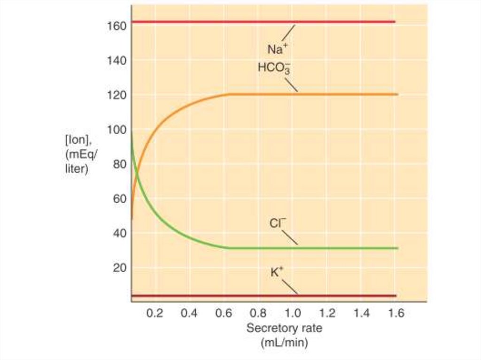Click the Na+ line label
(x=278, y=49)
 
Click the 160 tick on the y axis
(x=117, y=25)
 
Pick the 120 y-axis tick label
(x=117, y=95)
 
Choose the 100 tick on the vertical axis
(x=117, y=130)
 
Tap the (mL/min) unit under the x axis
(x=284, y=343)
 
